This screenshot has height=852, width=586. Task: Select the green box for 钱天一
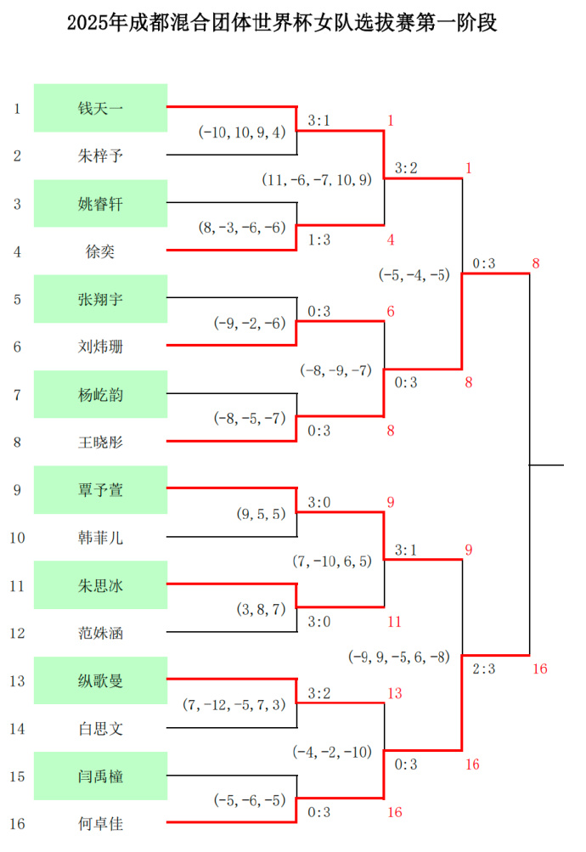tap(100, 108)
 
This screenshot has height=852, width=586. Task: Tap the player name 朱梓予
tap(100, 155)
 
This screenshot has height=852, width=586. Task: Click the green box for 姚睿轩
tap(100, 203)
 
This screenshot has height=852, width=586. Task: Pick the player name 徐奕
tap(100, 251)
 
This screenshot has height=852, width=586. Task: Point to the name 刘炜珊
tap(100, 347)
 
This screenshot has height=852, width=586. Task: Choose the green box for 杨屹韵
tap(100, 394)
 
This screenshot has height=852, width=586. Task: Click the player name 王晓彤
tap(100, 442)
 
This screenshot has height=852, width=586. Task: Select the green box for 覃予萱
tap(100, 489)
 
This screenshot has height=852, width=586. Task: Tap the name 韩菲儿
tap(100, 538)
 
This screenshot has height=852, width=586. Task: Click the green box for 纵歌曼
tap(100, 680)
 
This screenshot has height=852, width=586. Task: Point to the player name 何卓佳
tap(100, 823)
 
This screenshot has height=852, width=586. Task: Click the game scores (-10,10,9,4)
tap(244, 133)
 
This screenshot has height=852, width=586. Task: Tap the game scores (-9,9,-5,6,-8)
tap(399, 657)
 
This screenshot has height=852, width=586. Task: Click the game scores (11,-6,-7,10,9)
tap(318, 180)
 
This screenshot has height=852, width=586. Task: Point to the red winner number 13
tap(394, 694)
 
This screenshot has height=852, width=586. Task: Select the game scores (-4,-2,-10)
tap(332, 752)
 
